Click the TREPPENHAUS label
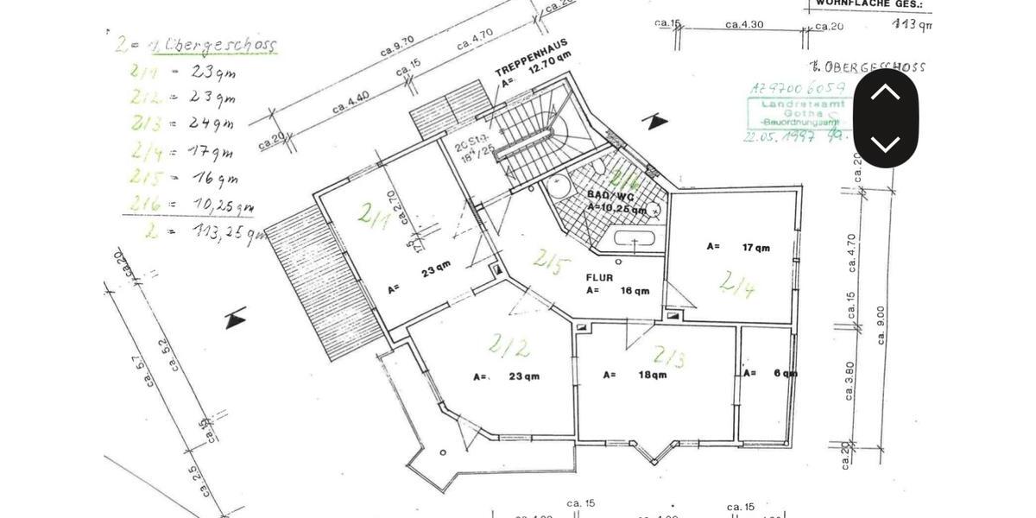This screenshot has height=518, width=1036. click(531, 57)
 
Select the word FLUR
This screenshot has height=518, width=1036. click(600, 277)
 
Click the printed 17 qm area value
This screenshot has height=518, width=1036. click(755, 248)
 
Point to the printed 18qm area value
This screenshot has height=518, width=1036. click(652, 375)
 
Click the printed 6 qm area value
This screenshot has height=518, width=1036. click(784, 373)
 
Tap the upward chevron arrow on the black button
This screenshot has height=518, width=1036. click(885, 92)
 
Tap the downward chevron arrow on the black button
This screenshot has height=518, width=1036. click(885, 143)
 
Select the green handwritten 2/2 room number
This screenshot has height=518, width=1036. click(509, 346)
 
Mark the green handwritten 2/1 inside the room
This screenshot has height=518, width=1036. click(375, 215)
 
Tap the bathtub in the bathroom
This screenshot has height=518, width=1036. click(635, 239)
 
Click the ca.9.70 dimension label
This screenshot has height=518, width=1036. click(398, 46)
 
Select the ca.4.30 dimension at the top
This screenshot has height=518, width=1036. click(744, 24)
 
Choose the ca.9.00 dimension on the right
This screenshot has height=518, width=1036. click(880, 325)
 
